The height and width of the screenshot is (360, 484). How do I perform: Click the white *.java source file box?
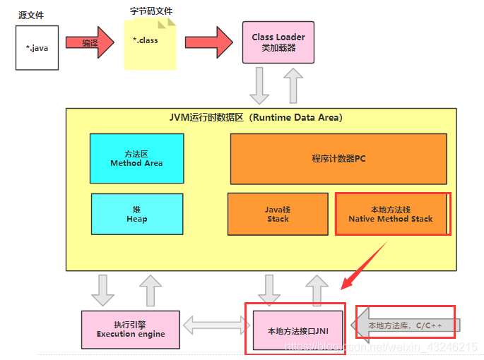(x=37, y=48)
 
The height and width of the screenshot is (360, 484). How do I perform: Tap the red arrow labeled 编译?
(x=90, y=42)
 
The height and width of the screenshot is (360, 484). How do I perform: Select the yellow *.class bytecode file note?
(x=150, y=44)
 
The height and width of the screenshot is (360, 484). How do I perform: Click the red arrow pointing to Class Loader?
(x=209, y=42)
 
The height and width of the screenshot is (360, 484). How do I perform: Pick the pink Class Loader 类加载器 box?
(x=278, y=42)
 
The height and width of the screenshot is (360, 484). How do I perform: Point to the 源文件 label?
(x=31, y=15)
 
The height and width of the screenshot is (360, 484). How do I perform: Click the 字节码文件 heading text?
(x=151, y=11)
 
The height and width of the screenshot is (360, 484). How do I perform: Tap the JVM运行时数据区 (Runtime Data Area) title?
(x=256, y=118)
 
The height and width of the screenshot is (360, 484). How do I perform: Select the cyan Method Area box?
(x=137, y=159)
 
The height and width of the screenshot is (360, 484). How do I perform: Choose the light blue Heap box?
(x=137, y=214)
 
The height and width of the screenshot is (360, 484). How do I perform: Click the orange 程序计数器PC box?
(x=338, y=159)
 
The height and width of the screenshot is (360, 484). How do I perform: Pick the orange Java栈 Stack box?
(x=278, y=214)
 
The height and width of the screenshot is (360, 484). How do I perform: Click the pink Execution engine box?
(x=131, y=330)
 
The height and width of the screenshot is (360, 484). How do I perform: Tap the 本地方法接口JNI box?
(x=298, y=330)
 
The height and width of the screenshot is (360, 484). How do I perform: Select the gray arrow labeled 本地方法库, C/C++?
(x=406, y=325)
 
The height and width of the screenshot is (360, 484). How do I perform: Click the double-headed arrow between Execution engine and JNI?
(x=216, y=325)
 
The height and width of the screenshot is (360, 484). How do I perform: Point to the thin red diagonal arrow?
(x=364, y=265)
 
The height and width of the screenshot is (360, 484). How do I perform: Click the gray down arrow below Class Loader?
(x=259, y=85)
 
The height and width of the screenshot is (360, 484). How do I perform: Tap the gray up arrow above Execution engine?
(x=150, y=290)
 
